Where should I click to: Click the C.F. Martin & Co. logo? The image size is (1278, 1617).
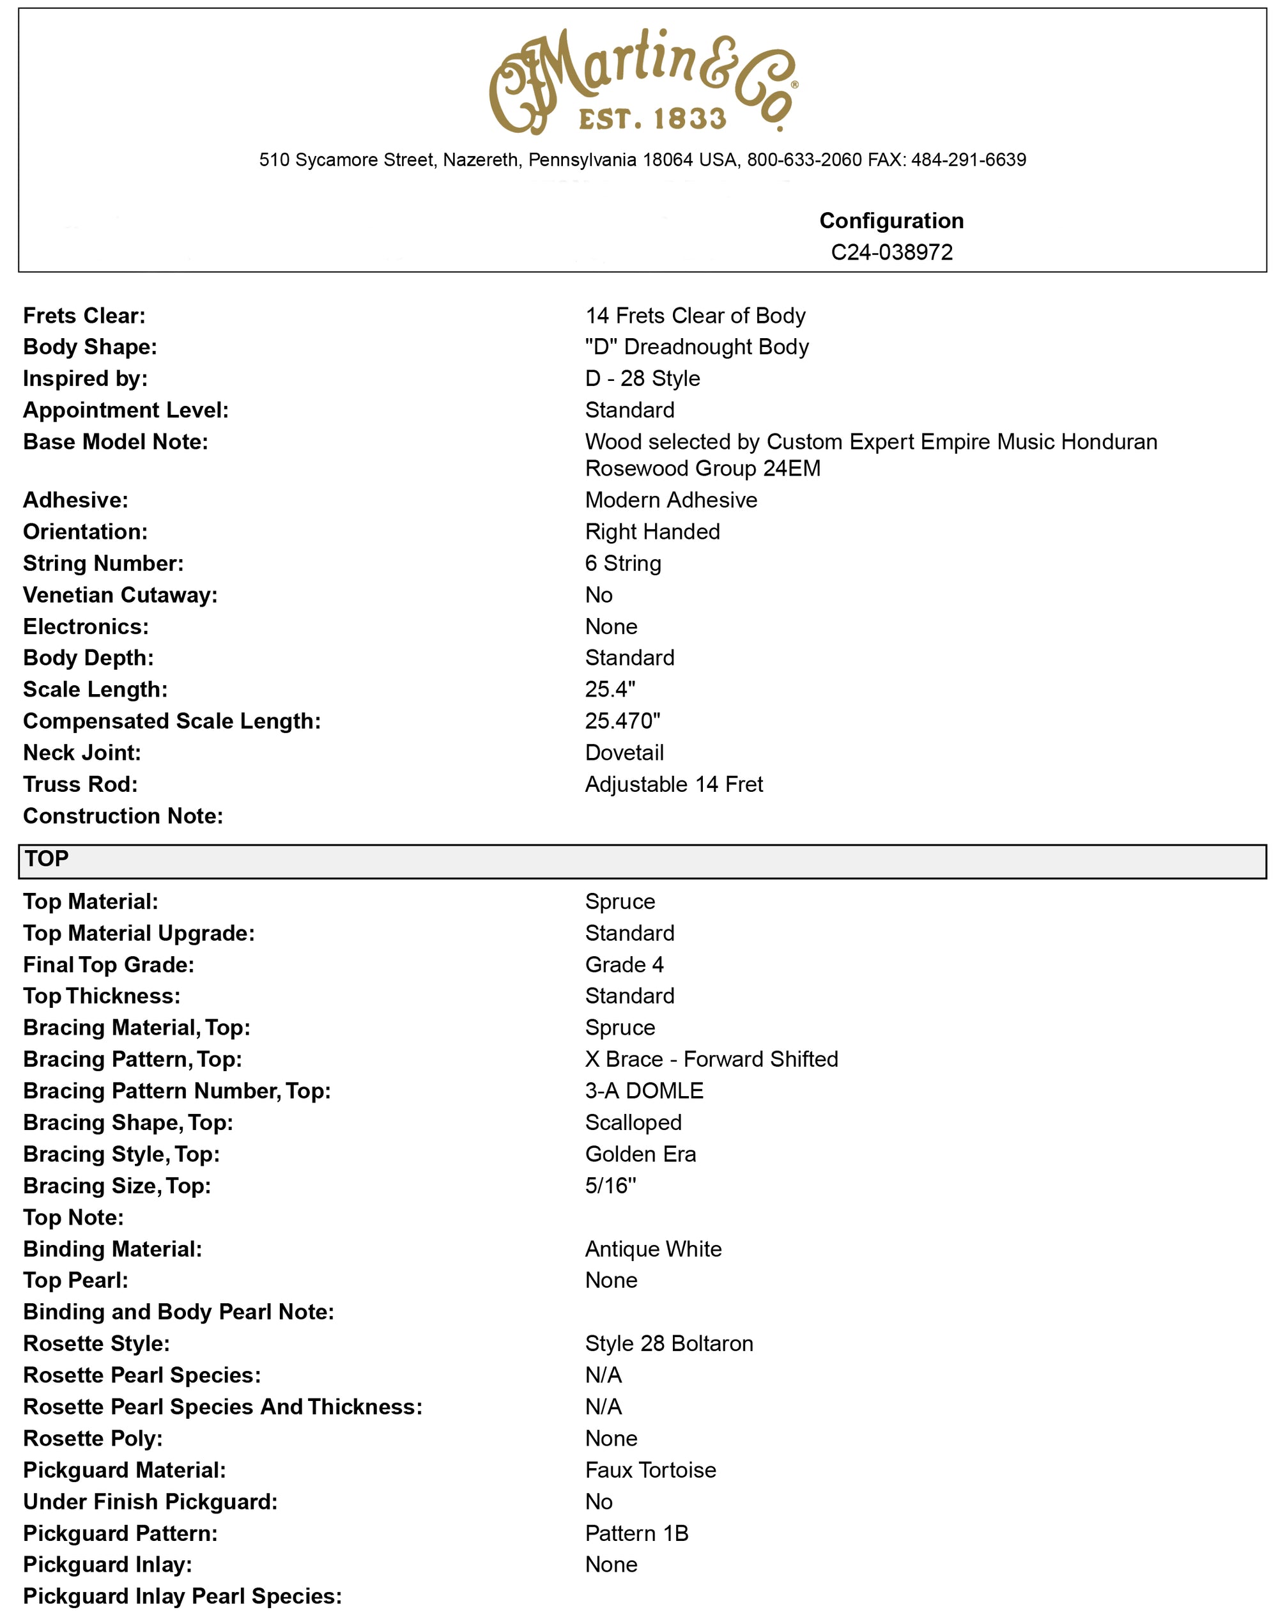(642, 82)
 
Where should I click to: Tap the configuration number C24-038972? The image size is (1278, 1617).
(891, 252)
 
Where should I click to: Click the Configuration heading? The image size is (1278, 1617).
(891, 220)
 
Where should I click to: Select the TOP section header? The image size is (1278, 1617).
(47, 859)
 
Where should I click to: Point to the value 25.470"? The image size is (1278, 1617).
(622, 722)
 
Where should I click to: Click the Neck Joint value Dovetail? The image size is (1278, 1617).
(624, 753)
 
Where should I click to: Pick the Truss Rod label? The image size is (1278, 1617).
(81, 784)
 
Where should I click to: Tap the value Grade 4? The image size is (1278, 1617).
(624, 964)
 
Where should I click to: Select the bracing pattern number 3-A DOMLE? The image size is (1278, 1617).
(643, 1091)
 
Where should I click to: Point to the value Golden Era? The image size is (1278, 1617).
(640, 1154)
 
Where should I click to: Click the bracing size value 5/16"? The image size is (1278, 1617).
(611, 1186)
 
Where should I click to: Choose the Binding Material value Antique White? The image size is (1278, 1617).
(653, 1249)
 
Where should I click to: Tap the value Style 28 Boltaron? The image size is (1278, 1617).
(669, 1343)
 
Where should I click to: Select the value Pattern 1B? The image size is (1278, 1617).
(636, 1533)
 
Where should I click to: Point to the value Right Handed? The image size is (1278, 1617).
(652, 532)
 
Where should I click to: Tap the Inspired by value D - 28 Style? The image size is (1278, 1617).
(642, 378)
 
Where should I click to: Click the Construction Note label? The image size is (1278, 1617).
(123, 816)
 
